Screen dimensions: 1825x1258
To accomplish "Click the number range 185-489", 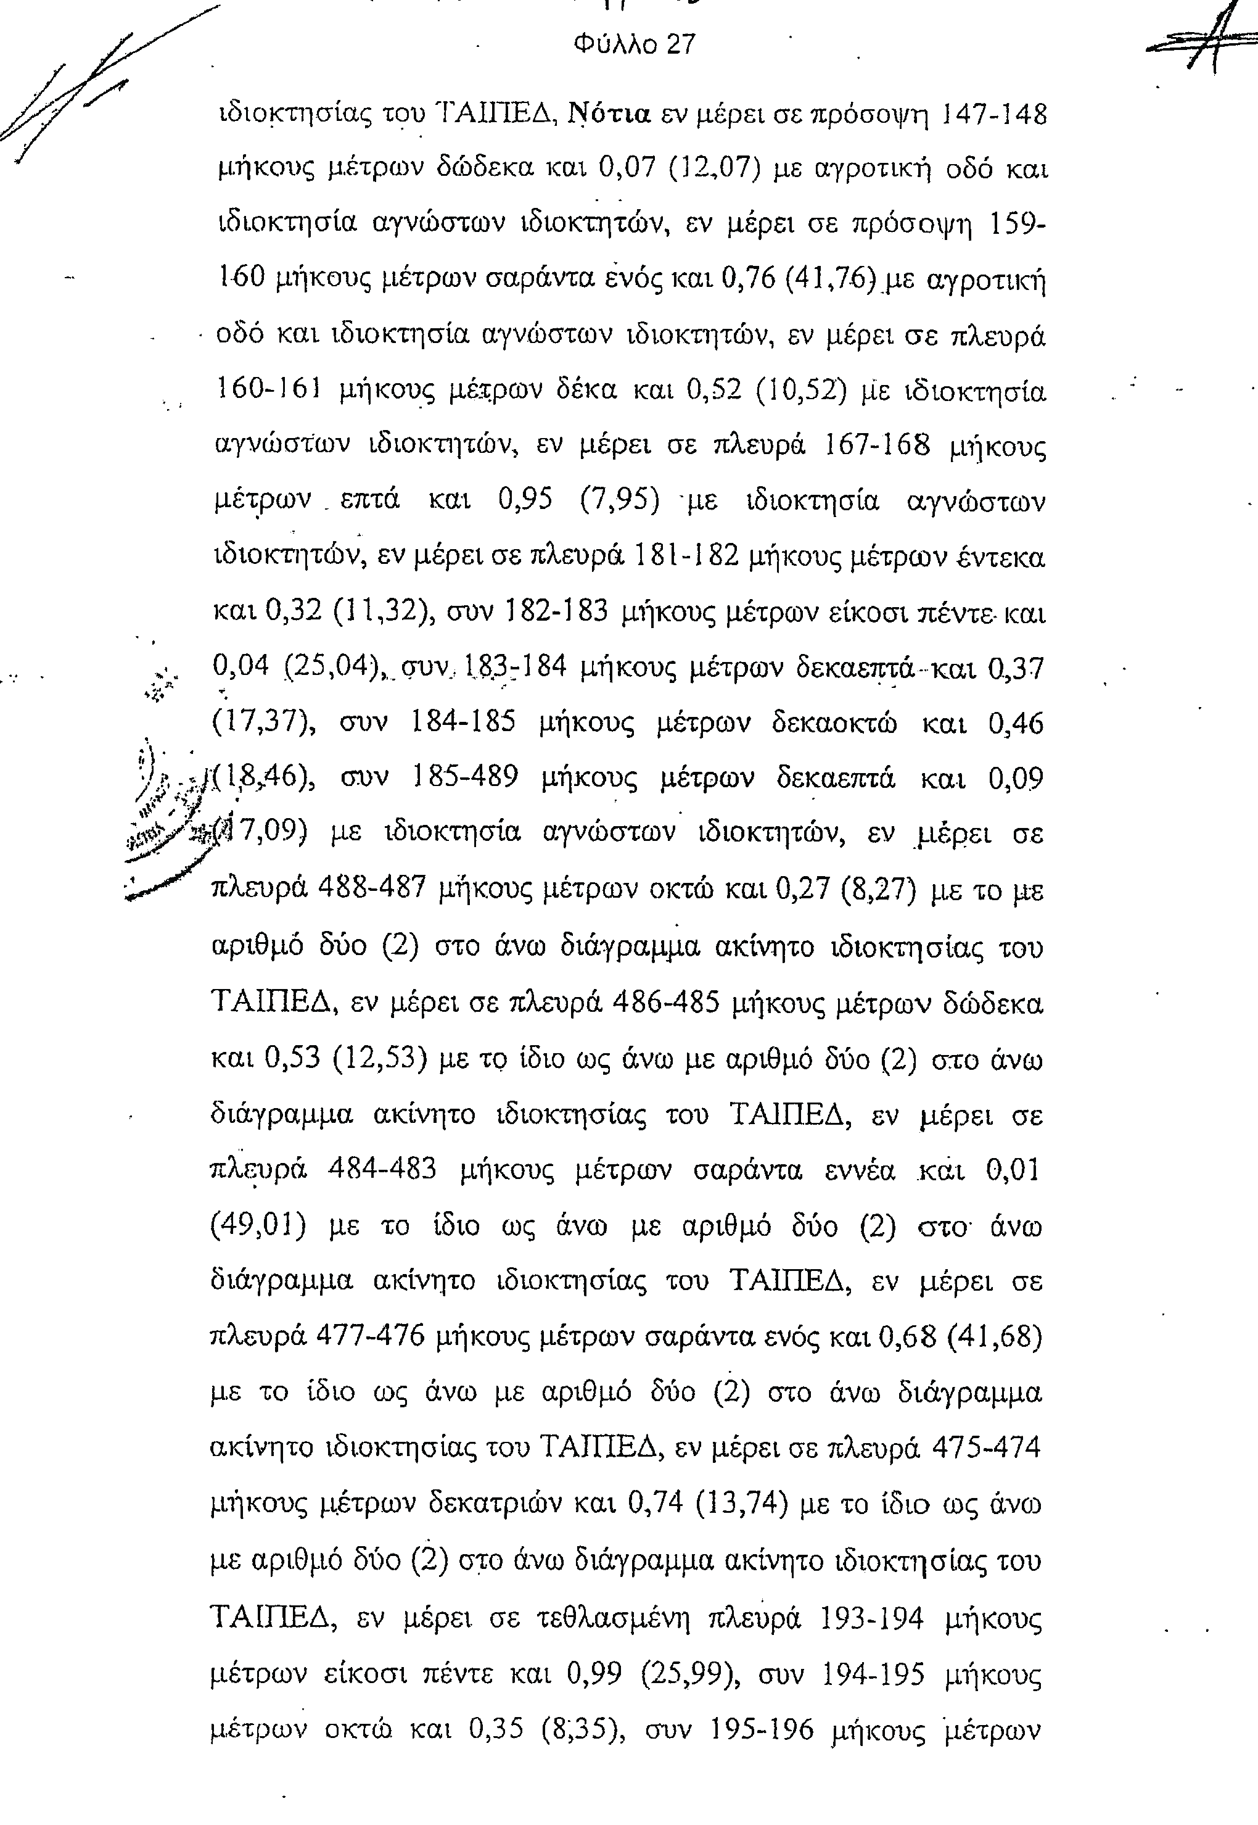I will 465,777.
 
